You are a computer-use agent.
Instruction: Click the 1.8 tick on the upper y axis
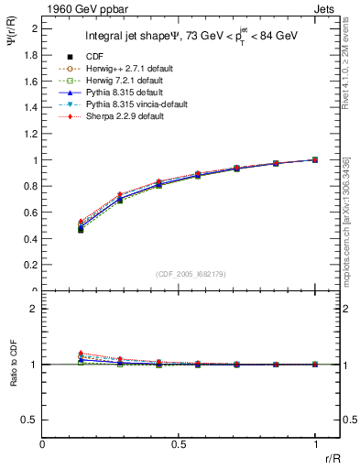point(30,55)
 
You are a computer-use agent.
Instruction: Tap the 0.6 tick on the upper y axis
point(30,213)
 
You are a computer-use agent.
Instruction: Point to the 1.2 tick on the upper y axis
point(30,134)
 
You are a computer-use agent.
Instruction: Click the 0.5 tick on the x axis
point(179,443)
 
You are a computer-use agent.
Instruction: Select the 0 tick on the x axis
point(43,443)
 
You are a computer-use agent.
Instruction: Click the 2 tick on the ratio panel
point(34,309)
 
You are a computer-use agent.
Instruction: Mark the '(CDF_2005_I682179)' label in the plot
point(191,274)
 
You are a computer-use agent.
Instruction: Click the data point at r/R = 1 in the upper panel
point(315,159)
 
